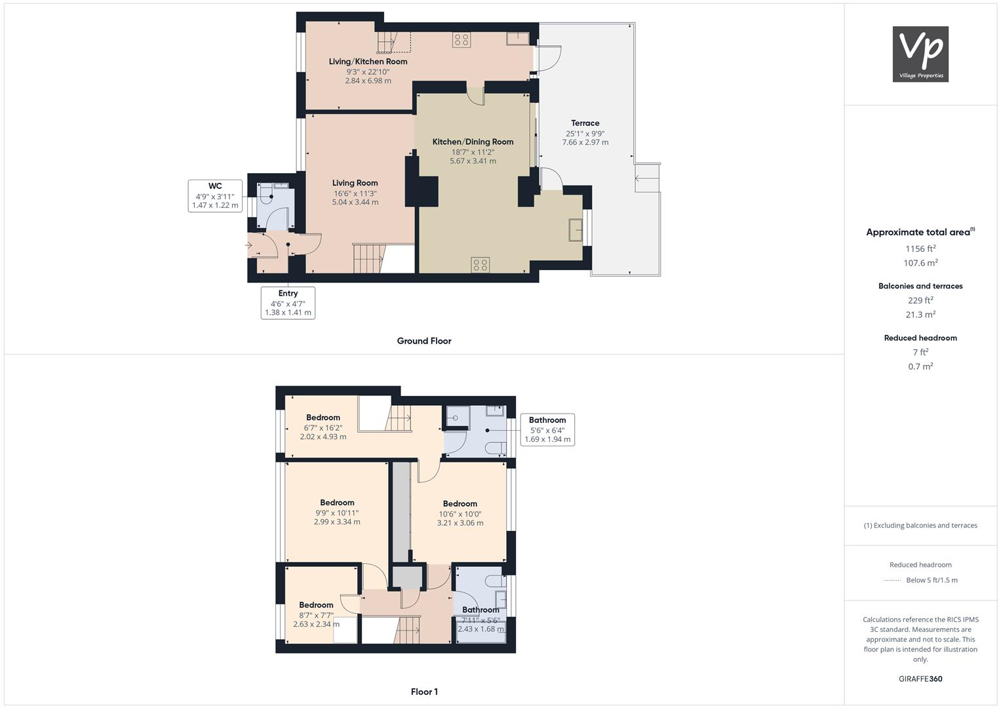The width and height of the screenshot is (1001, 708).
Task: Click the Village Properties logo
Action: [x=920, y=54]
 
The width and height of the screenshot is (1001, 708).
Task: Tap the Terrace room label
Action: [x=585, y=123]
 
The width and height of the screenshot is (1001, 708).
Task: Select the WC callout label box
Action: [x=214, y=195]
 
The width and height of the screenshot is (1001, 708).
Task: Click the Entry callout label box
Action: [x=288, y=303]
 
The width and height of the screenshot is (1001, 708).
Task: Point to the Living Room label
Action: [x=355, y=183]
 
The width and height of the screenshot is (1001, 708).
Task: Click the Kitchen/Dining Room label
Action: [x=473, y=142]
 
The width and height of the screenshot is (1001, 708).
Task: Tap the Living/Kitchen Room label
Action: [x=368, y=62]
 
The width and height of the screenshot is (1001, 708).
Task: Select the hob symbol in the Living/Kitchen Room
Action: [x=461, y=40]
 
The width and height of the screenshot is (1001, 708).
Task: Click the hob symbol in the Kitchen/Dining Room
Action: [x=480, y=265]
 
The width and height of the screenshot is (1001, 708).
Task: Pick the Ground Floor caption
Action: [x=424, y=341]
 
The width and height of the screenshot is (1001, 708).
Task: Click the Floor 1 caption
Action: [x=424, y=692]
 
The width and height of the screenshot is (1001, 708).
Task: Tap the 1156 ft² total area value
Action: [x=920, y=248]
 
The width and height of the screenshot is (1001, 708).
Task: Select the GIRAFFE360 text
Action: [x=920, y=678]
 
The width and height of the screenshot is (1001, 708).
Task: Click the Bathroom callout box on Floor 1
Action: [x=547, y=429]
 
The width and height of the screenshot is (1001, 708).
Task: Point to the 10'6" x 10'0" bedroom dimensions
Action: [x=460, y=514]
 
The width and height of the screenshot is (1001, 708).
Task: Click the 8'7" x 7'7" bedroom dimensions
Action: [x=316, y=615]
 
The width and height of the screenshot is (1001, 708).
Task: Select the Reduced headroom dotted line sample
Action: [x=892, y=580]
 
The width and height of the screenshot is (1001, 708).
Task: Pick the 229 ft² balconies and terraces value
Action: [x=920, y=300]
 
